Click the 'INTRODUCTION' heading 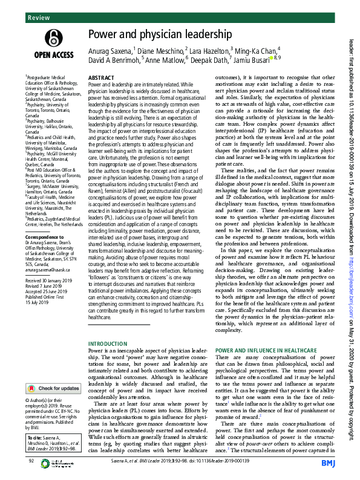click(108, 343)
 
